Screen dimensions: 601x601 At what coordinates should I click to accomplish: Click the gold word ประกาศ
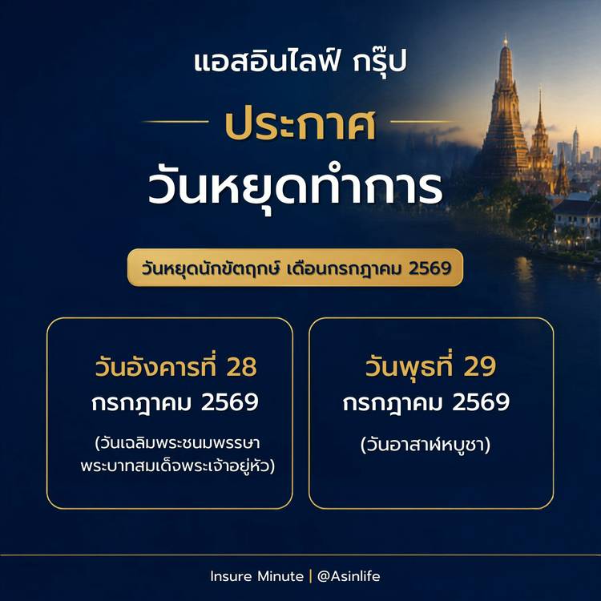click(x=300, y=124)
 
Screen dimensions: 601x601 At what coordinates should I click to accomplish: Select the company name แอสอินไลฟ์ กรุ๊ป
click(x=300, y=62)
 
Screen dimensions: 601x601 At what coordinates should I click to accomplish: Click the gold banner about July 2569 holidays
click(x=295, y=268)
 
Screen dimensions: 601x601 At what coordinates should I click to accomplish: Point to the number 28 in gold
click(x=241, y=367)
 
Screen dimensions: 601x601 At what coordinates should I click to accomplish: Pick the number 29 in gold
click(x=480, y=366)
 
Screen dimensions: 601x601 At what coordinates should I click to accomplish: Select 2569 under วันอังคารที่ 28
click(x=230, y=402)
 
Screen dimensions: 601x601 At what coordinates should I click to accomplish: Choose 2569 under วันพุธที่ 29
click(x=481, y=402)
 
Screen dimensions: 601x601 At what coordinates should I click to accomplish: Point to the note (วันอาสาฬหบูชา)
click(x=426, y=445)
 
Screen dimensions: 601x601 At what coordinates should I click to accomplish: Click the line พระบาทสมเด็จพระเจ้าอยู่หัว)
click(x=178, y=466)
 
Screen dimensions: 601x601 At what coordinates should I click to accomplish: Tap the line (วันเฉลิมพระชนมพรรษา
click(x=177, y=443)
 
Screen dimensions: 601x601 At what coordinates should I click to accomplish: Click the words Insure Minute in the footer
click(x=256, y=576)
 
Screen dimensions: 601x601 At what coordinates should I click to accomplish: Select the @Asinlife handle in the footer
click(x=349, y=576)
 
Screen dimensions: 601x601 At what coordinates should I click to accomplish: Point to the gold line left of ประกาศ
click(x=175, y=122)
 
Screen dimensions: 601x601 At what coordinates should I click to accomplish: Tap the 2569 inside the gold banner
click(x=430, y=268)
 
